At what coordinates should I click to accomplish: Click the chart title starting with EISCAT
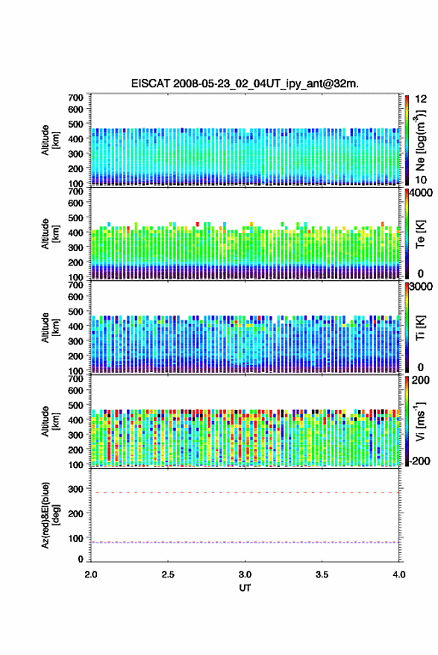click(x=245, y=83)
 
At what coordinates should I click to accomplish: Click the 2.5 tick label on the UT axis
click(x=168, y=575)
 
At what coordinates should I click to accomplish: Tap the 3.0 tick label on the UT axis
click(x=245, y=575)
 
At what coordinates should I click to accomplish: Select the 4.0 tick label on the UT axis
click(x=398, y=575)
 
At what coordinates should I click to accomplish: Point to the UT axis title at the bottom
click(x=245, y=588)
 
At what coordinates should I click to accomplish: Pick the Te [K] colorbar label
click(x=420, y=234)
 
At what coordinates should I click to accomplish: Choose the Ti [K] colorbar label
click(x=420, y=328)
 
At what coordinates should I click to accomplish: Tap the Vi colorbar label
click(x=420, y=421)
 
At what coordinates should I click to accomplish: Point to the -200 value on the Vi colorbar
click(x=419, y=461)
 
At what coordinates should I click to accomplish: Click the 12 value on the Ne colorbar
click(x=421, y=99)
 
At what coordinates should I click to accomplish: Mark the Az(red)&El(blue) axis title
click(x=49, y=515)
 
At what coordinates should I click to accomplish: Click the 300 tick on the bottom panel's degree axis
click(x=75, y=489)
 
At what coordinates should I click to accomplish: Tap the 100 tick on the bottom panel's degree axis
click(x=75, y=539)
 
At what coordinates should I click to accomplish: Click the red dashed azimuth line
click(x=245, y=493)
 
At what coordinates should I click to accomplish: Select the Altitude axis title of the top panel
click(x=50, y=140)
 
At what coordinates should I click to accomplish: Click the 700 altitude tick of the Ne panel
click(x=75, y=98)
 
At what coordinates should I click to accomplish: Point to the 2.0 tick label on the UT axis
click(x=91, y=575)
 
